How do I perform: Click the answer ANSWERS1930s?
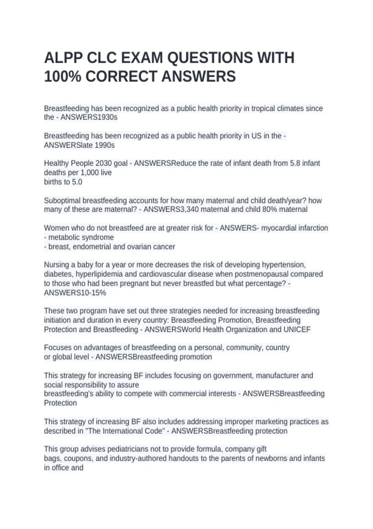(x=89, y=117)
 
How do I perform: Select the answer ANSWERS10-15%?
(x=75, y=293)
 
